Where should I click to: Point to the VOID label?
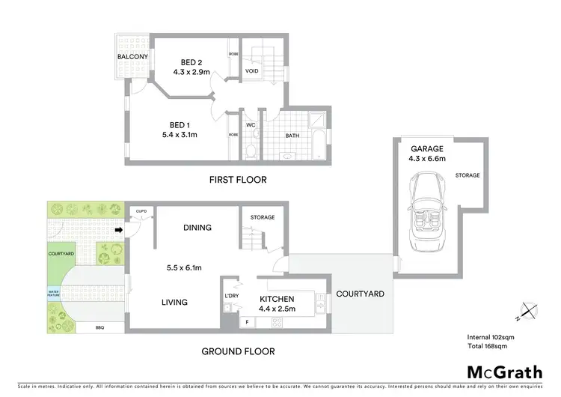(x=253, y=73)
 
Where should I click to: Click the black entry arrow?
(x=119, y=231)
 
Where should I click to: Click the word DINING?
(x=197, y=228)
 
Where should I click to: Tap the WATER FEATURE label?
(x=54, y=294)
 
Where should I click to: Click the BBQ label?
(x=99, y=327)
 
